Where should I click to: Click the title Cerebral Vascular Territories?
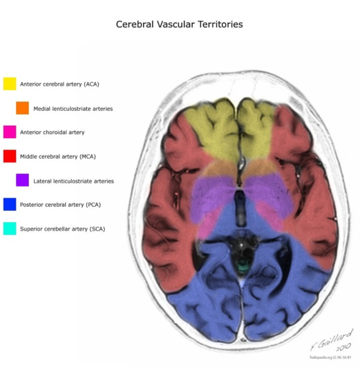(x=180, y=24)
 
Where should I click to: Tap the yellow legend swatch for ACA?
(x=10, y=84)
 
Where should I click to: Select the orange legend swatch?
(x=22, y=108)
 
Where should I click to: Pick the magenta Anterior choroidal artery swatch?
(x=10, y=132)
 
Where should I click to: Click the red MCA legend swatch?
(x=10, y=156)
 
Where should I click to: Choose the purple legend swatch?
(x=22, y=180)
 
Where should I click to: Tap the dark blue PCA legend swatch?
(x=10, y=205)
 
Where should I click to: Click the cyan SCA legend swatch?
(x=10, y=229)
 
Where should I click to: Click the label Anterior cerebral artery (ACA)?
(x=60, y=84)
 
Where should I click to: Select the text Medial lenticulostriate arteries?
(x=73, y=109)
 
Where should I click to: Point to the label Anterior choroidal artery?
(x=52, y=132)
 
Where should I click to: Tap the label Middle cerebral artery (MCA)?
(x=58, y=157)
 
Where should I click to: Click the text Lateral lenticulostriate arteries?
(x=74, y=181)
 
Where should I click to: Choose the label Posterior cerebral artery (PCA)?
(x=60, y=205)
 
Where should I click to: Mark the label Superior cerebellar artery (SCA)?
(x=62, y=229)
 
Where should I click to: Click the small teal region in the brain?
(x=242, y=267)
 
